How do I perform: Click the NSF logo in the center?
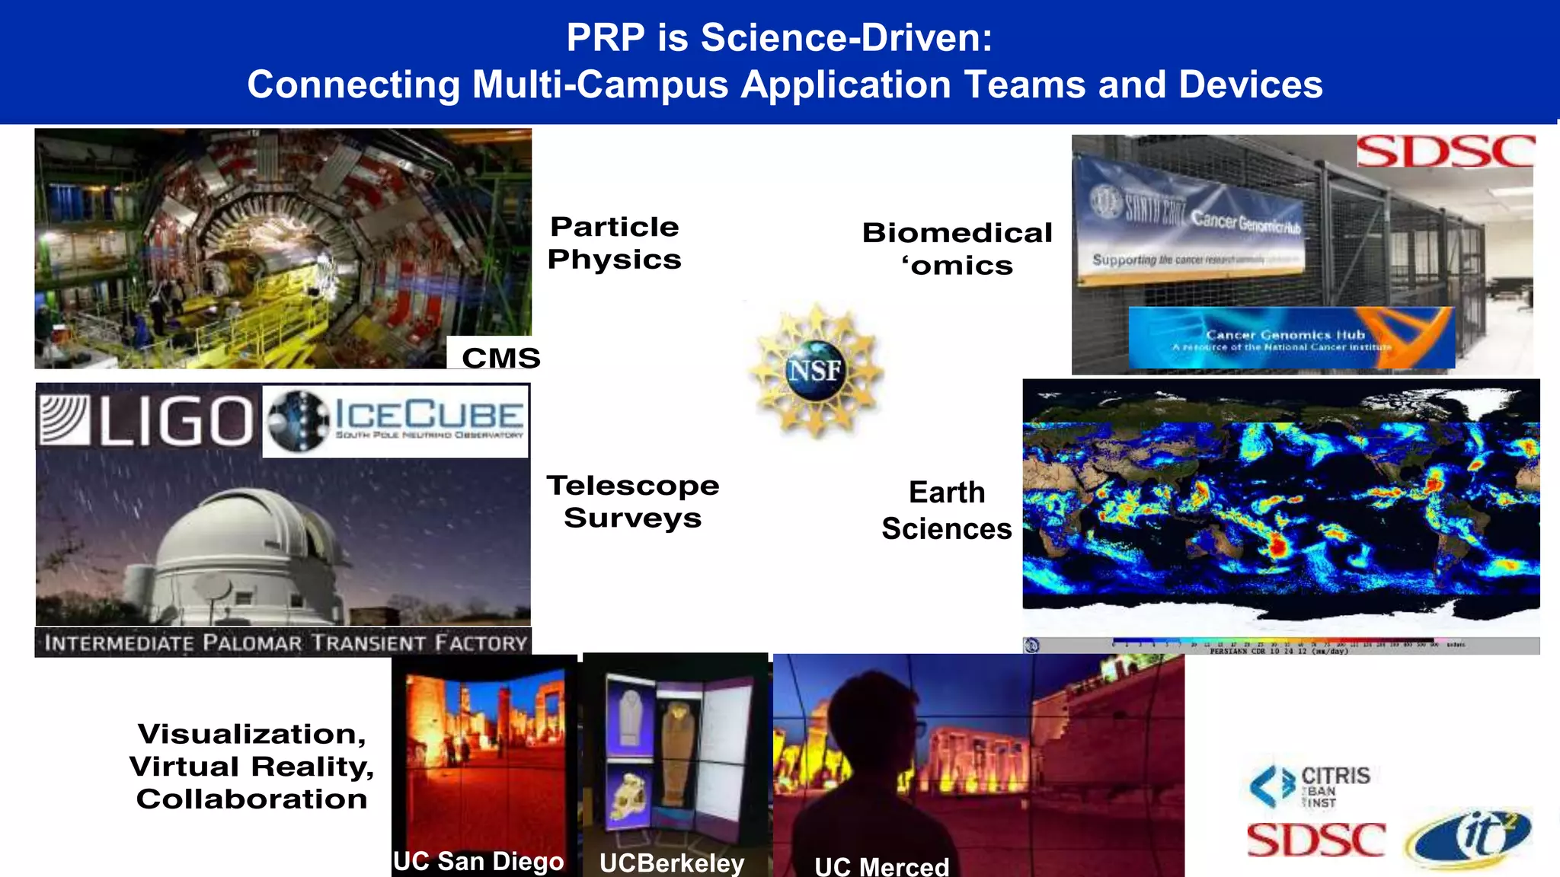tap(816, 371)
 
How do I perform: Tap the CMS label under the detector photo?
tap(500, 358)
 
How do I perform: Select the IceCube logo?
tap(396, 421)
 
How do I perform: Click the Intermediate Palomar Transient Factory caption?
tap(283, 643)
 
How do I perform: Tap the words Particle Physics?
tap(614, 243)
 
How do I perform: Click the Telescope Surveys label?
tap(632, 501)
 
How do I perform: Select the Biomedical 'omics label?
tap(957, 249)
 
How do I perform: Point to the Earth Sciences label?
tap(947, 510)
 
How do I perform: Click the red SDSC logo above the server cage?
tap(1445, 151)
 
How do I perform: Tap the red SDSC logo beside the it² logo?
tap(1315, 840)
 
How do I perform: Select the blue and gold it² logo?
tap(1469, 838)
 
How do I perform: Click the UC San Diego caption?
tap(478, 861)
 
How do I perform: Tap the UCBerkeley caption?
tap(671, 863)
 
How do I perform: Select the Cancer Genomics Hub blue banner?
tap(1291, 338)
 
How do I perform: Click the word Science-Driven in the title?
tap(846, 37)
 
